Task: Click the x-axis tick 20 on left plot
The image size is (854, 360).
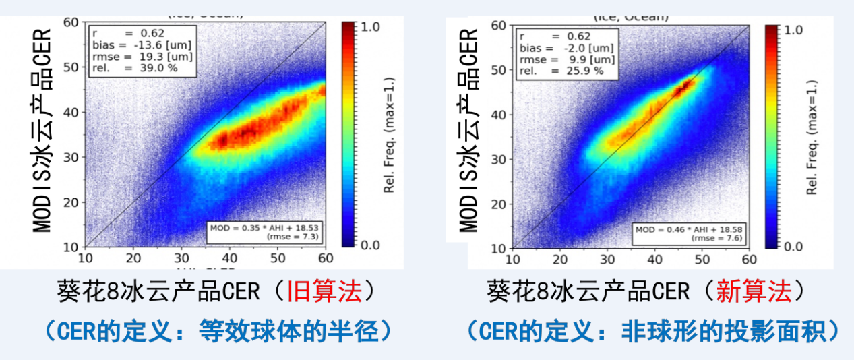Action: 133,257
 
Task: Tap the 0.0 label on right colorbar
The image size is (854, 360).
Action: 795,247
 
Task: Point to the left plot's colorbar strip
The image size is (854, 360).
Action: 348,135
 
